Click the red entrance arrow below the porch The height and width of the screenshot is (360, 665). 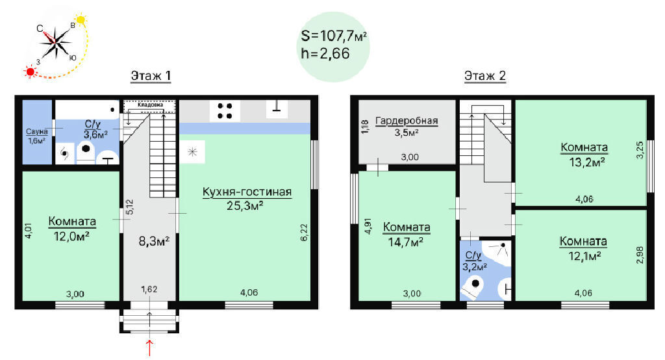tap(150, 348)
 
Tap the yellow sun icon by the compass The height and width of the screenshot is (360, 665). tap(81, 19)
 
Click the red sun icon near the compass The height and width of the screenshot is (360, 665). tap(30, 71)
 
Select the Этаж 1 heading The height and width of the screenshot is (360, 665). tap(151, 76)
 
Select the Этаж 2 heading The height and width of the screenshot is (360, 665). tap(485, 76)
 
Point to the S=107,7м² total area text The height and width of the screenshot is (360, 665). tap(334, 36)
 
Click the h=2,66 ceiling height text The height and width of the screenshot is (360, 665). tap(325, 53)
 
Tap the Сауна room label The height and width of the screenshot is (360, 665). tap(36, 132)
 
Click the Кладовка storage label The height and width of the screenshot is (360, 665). tap(150, 105)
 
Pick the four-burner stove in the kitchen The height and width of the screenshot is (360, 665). tap(225, 111)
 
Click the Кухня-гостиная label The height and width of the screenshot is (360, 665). tap(247, 192)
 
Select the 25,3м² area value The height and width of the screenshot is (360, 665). tap(245, 207)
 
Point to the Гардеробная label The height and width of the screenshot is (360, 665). tap(407, 121)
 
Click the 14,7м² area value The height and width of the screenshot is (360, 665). tap(406, 242)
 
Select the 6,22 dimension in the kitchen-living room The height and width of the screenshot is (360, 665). tap(304, 233)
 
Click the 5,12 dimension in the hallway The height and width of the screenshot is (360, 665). tap(129, 207)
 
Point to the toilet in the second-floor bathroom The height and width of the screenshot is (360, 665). tap(473, 286)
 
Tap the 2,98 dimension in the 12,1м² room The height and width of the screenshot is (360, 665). tap(640, 255)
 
